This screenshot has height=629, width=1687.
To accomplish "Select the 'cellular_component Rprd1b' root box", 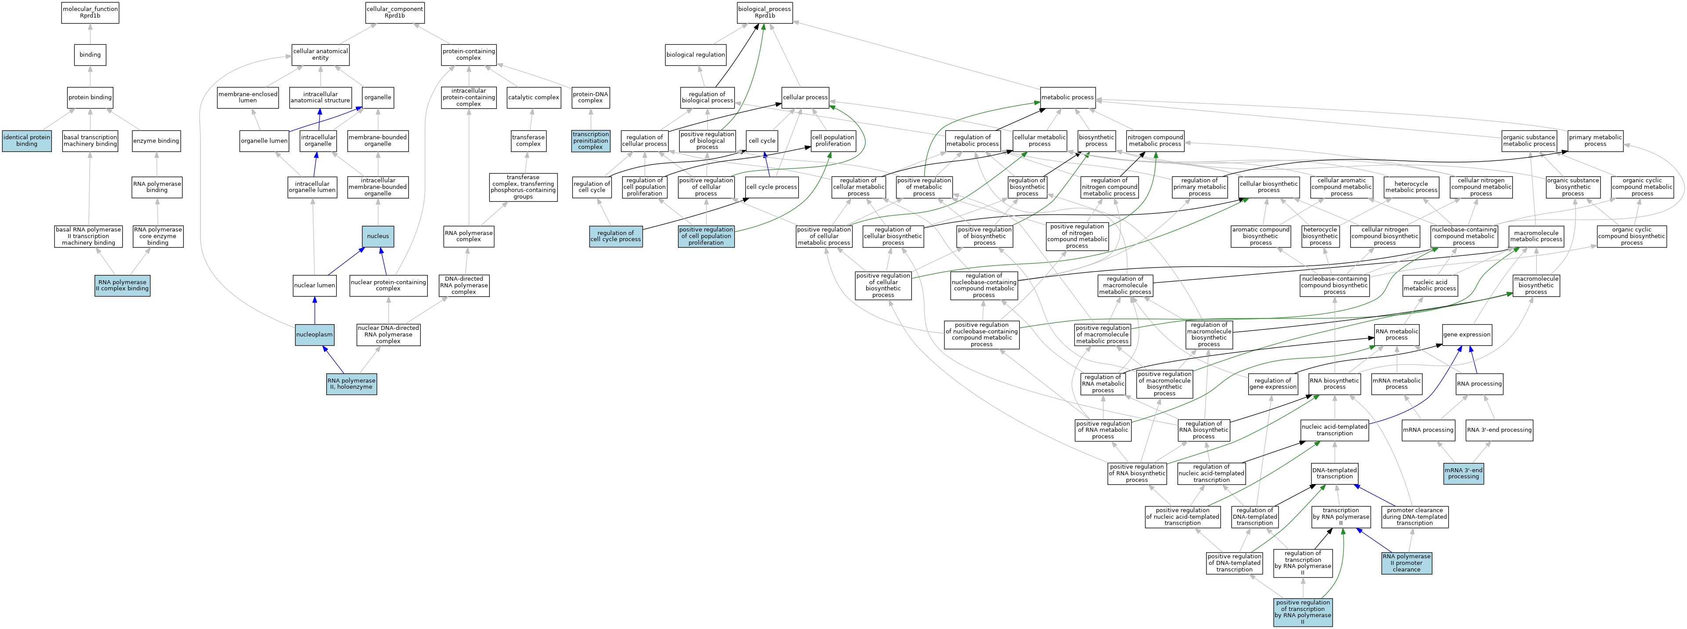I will pyautogui.click(x=394, y=12).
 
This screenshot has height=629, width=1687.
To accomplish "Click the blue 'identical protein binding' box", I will pyautogui.click(x=27, y=141).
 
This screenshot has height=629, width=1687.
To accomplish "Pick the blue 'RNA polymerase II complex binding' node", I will pyautogui.click(x=123, y=286).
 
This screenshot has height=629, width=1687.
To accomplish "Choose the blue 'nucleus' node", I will pyautogui.click(x=378, y=236).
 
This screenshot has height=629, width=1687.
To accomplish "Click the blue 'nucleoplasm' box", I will pyautogui.click(x=314, y=334).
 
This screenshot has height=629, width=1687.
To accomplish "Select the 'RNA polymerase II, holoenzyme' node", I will pyautogui.click(x=352, y=383).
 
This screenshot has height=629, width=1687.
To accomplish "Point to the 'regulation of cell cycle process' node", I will pyautogui.click(x=616, y=236).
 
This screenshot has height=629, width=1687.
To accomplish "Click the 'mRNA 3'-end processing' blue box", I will pyautogui.click(x=1463, y=473).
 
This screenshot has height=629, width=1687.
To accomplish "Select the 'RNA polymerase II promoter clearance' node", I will pyautogui.click(x=1406, y=563).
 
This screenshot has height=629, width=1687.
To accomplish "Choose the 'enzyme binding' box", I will pyautogui.click(x=156, y=141).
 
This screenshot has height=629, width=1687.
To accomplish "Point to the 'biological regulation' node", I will pyautogui.click(x=696, y=55).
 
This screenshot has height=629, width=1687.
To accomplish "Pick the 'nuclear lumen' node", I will pyautogui.click(x=314, y=286).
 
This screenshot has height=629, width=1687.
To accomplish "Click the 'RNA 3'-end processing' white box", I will pyautogui.click(x=1499, y=430).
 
